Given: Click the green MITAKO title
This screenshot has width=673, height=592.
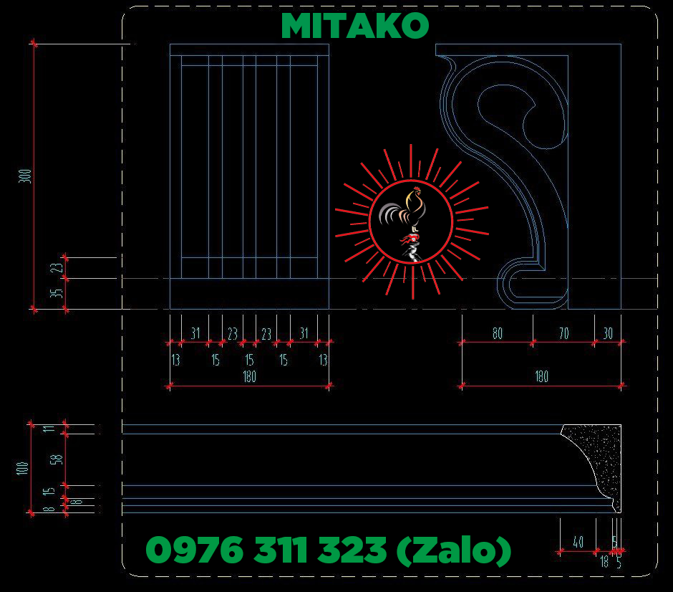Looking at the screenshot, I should (354, 27).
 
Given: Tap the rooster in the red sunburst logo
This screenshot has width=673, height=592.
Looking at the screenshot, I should (408, 215).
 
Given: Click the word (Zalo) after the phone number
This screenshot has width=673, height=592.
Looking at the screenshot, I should (453, 550).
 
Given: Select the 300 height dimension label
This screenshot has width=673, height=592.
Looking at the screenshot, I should (25, 176).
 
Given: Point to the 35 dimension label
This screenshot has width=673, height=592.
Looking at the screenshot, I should (60, 293).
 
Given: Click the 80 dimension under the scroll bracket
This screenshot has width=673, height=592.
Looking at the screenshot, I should (497, 333).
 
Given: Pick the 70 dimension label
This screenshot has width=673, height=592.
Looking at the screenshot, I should (563, 333).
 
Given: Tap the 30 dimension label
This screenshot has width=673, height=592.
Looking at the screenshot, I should (608, 333).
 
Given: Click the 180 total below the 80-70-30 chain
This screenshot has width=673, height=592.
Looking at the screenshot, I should (541, 377).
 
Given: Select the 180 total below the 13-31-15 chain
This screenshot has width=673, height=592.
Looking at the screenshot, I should (249, 377).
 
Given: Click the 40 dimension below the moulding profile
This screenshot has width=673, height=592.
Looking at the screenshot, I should (578, 543).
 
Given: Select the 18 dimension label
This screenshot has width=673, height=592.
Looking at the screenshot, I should (604, 562).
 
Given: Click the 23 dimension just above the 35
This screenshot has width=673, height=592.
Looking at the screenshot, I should (60, 267).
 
